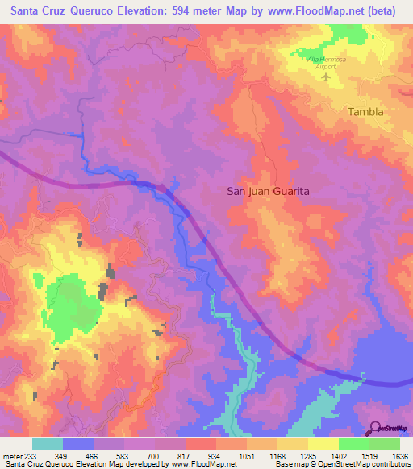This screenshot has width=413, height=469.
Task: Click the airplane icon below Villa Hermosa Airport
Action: click(327, 77)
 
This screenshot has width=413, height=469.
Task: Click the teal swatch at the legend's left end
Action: click(48, 444)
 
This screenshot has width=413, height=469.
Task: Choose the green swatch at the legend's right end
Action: click(385, 444)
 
